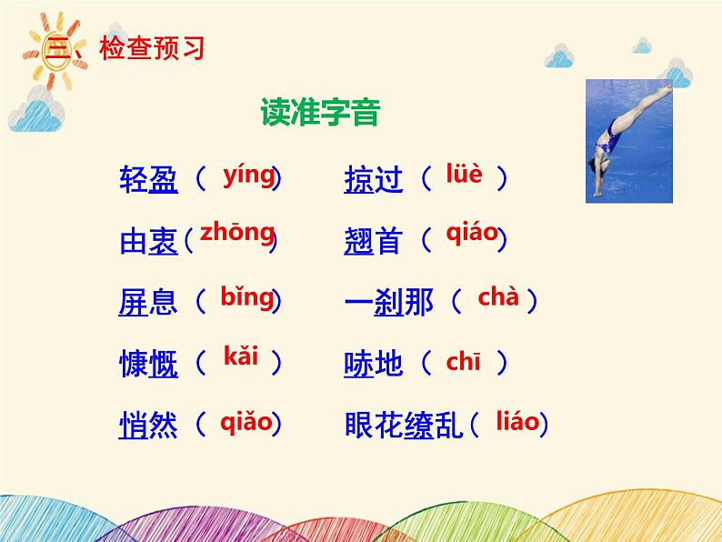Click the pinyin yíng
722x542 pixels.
(249, 176)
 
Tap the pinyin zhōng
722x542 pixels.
(237, 233)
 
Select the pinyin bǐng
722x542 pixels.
(247, 297)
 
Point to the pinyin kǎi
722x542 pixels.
(240, 356)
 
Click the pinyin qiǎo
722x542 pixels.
(246, 421)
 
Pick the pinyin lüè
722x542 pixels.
(464, 173)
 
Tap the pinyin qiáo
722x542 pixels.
(473, 233)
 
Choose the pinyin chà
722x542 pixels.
(498, 296)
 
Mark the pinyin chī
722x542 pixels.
(463, 361)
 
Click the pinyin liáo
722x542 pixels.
(517, 421)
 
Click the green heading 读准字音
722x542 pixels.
(320, 112)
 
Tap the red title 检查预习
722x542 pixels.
(152, 48)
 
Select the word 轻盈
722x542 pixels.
(148, 179)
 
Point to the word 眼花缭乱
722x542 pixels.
(404, 424)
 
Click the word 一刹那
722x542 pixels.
(389, 302)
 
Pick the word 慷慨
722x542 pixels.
(148, 364)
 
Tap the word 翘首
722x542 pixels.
(374, 240)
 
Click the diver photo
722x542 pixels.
(629, 141)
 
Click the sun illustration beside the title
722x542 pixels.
(55, 51)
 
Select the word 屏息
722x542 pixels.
(148, 302)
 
